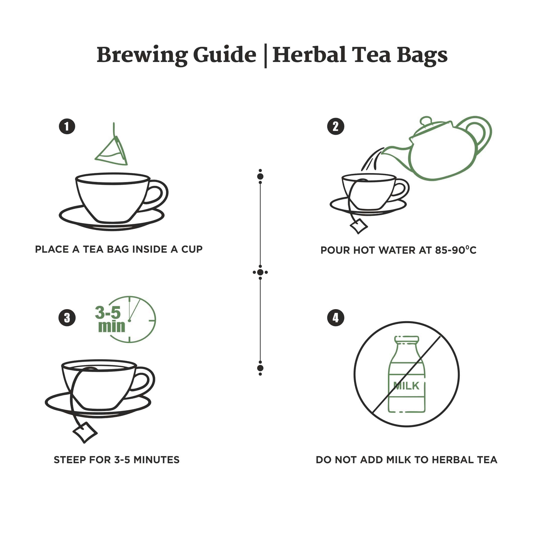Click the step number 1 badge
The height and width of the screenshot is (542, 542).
click(x=67, y=126)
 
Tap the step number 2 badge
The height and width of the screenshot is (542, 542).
click(x=335, y=126)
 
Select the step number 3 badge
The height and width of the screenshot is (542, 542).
click(x=67, y=318)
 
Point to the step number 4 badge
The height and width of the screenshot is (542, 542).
click(x=335, y=318)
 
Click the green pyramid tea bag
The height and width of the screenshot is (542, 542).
click(x=112, y=152)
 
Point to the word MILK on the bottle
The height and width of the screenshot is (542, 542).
click(x=406, y=386)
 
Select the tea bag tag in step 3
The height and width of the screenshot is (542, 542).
click(x=85, y=432)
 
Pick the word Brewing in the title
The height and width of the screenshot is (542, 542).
click(x=142, y=55)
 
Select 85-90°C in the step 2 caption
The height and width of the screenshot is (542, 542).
click(x=455, y=250)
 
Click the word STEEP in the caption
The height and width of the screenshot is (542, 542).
click(x=70, y=460)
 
